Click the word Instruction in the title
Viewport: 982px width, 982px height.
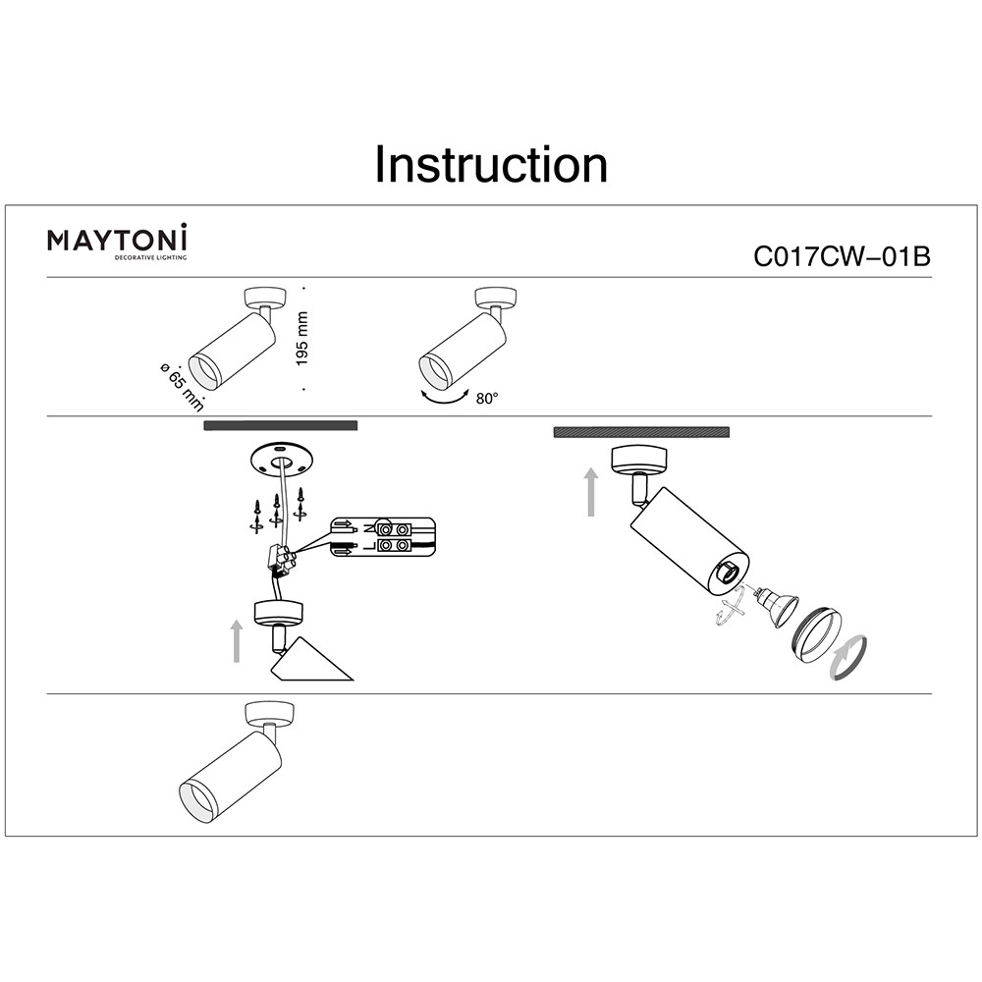(491, 165)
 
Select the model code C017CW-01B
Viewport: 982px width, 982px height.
(841, 257)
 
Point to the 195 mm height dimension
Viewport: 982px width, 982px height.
(302, 339)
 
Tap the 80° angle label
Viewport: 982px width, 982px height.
(487, 399)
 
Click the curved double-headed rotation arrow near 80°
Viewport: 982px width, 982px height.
(445, 398)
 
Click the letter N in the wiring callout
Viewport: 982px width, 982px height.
(368, 526)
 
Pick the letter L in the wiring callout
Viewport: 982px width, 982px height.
(368, 543)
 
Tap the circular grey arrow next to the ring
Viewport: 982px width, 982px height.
(849, 656)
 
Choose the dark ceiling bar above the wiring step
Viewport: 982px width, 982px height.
(281, 425)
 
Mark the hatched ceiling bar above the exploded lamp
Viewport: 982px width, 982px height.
(641, 432)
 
